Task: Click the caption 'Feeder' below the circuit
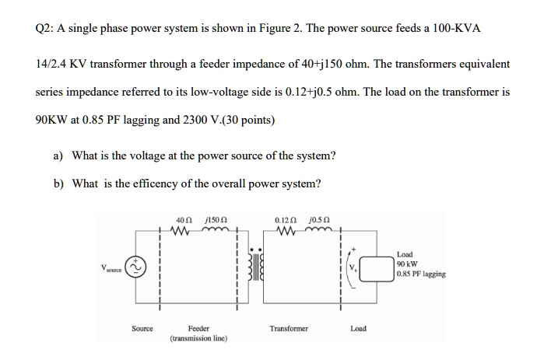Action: pos(200,329)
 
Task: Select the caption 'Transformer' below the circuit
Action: pos(289,329)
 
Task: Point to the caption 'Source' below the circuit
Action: pos(142,329)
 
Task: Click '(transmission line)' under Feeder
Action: pos(200,340)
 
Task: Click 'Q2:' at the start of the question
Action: pos(46,28)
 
